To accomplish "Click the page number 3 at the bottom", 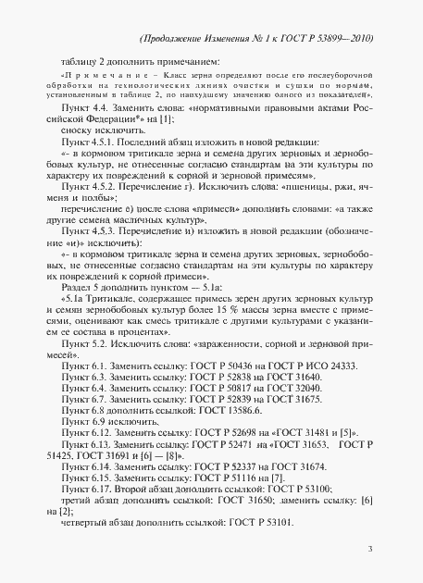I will [369, 550].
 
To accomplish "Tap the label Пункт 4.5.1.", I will [84, 144].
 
